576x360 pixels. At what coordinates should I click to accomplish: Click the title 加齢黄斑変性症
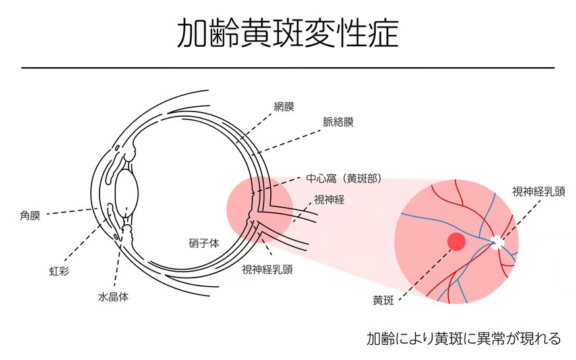coord(288,34)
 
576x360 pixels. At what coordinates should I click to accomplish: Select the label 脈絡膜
coord(338,122)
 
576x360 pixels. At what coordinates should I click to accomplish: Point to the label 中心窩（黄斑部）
coord(344,179)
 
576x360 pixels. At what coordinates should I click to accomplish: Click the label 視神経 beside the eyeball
coord(329,199)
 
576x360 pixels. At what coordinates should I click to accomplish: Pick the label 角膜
coord(30,215)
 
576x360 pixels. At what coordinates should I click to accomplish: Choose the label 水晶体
coord(113,297)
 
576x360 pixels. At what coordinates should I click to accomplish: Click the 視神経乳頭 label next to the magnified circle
coord(538,192)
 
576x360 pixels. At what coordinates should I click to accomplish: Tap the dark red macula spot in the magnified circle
coord(456,241)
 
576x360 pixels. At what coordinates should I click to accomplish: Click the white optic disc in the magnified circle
coord(498,243)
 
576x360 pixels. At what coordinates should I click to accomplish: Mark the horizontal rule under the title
coord(288,67)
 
